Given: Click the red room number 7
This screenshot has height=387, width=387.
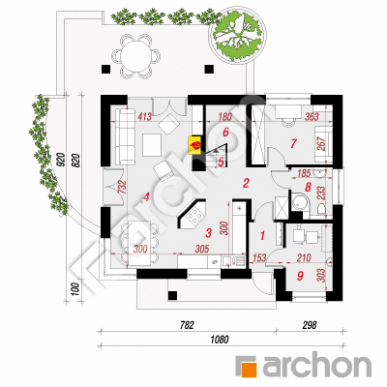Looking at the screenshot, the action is click(x=293, y=143).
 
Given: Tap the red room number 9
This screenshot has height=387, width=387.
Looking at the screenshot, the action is click(x=300, y=276).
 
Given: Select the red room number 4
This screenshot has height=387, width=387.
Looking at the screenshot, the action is click(x=146, y=196).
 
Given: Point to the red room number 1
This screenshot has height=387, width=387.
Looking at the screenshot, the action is click(x=262, y=235).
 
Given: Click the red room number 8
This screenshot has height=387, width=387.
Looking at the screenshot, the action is click(x=308, y=187).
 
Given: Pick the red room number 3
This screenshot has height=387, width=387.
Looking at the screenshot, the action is click(x=209, y=233).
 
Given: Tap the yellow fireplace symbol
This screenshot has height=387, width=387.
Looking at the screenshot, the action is click(x=195, y=145).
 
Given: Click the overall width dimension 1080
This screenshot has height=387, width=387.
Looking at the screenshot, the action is click(x=220, y=340).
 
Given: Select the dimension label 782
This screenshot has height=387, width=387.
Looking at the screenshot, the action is click(x=187, y=325).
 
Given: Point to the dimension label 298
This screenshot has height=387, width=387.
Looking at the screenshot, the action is click(x=310, y=325).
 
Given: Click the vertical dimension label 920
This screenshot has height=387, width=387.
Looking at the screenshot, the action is click(x=61, y=161).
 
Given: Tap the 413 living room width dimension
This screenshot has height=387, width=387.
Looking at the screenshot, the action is click(x=144, y=116).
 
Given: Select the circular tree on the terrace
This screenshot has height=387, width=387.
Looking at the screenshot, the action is click(x=238, y=35).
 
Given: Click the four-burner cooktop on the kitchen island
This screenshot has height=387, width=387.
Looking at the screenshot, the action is click(x=194, y=216).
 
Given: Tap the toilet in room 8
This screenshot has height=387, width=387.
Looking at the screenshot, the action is click(x=321, y=209).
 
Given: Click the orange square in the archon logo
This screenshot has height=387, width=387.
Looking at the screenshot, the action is click(x=250, y=370).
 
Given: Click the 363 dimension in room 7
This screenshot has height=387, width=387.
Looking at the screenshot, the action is click(x=312, y=116).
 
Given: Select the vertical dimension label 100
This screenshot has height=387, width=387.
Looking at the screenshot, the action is click(x=74, y=289).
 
